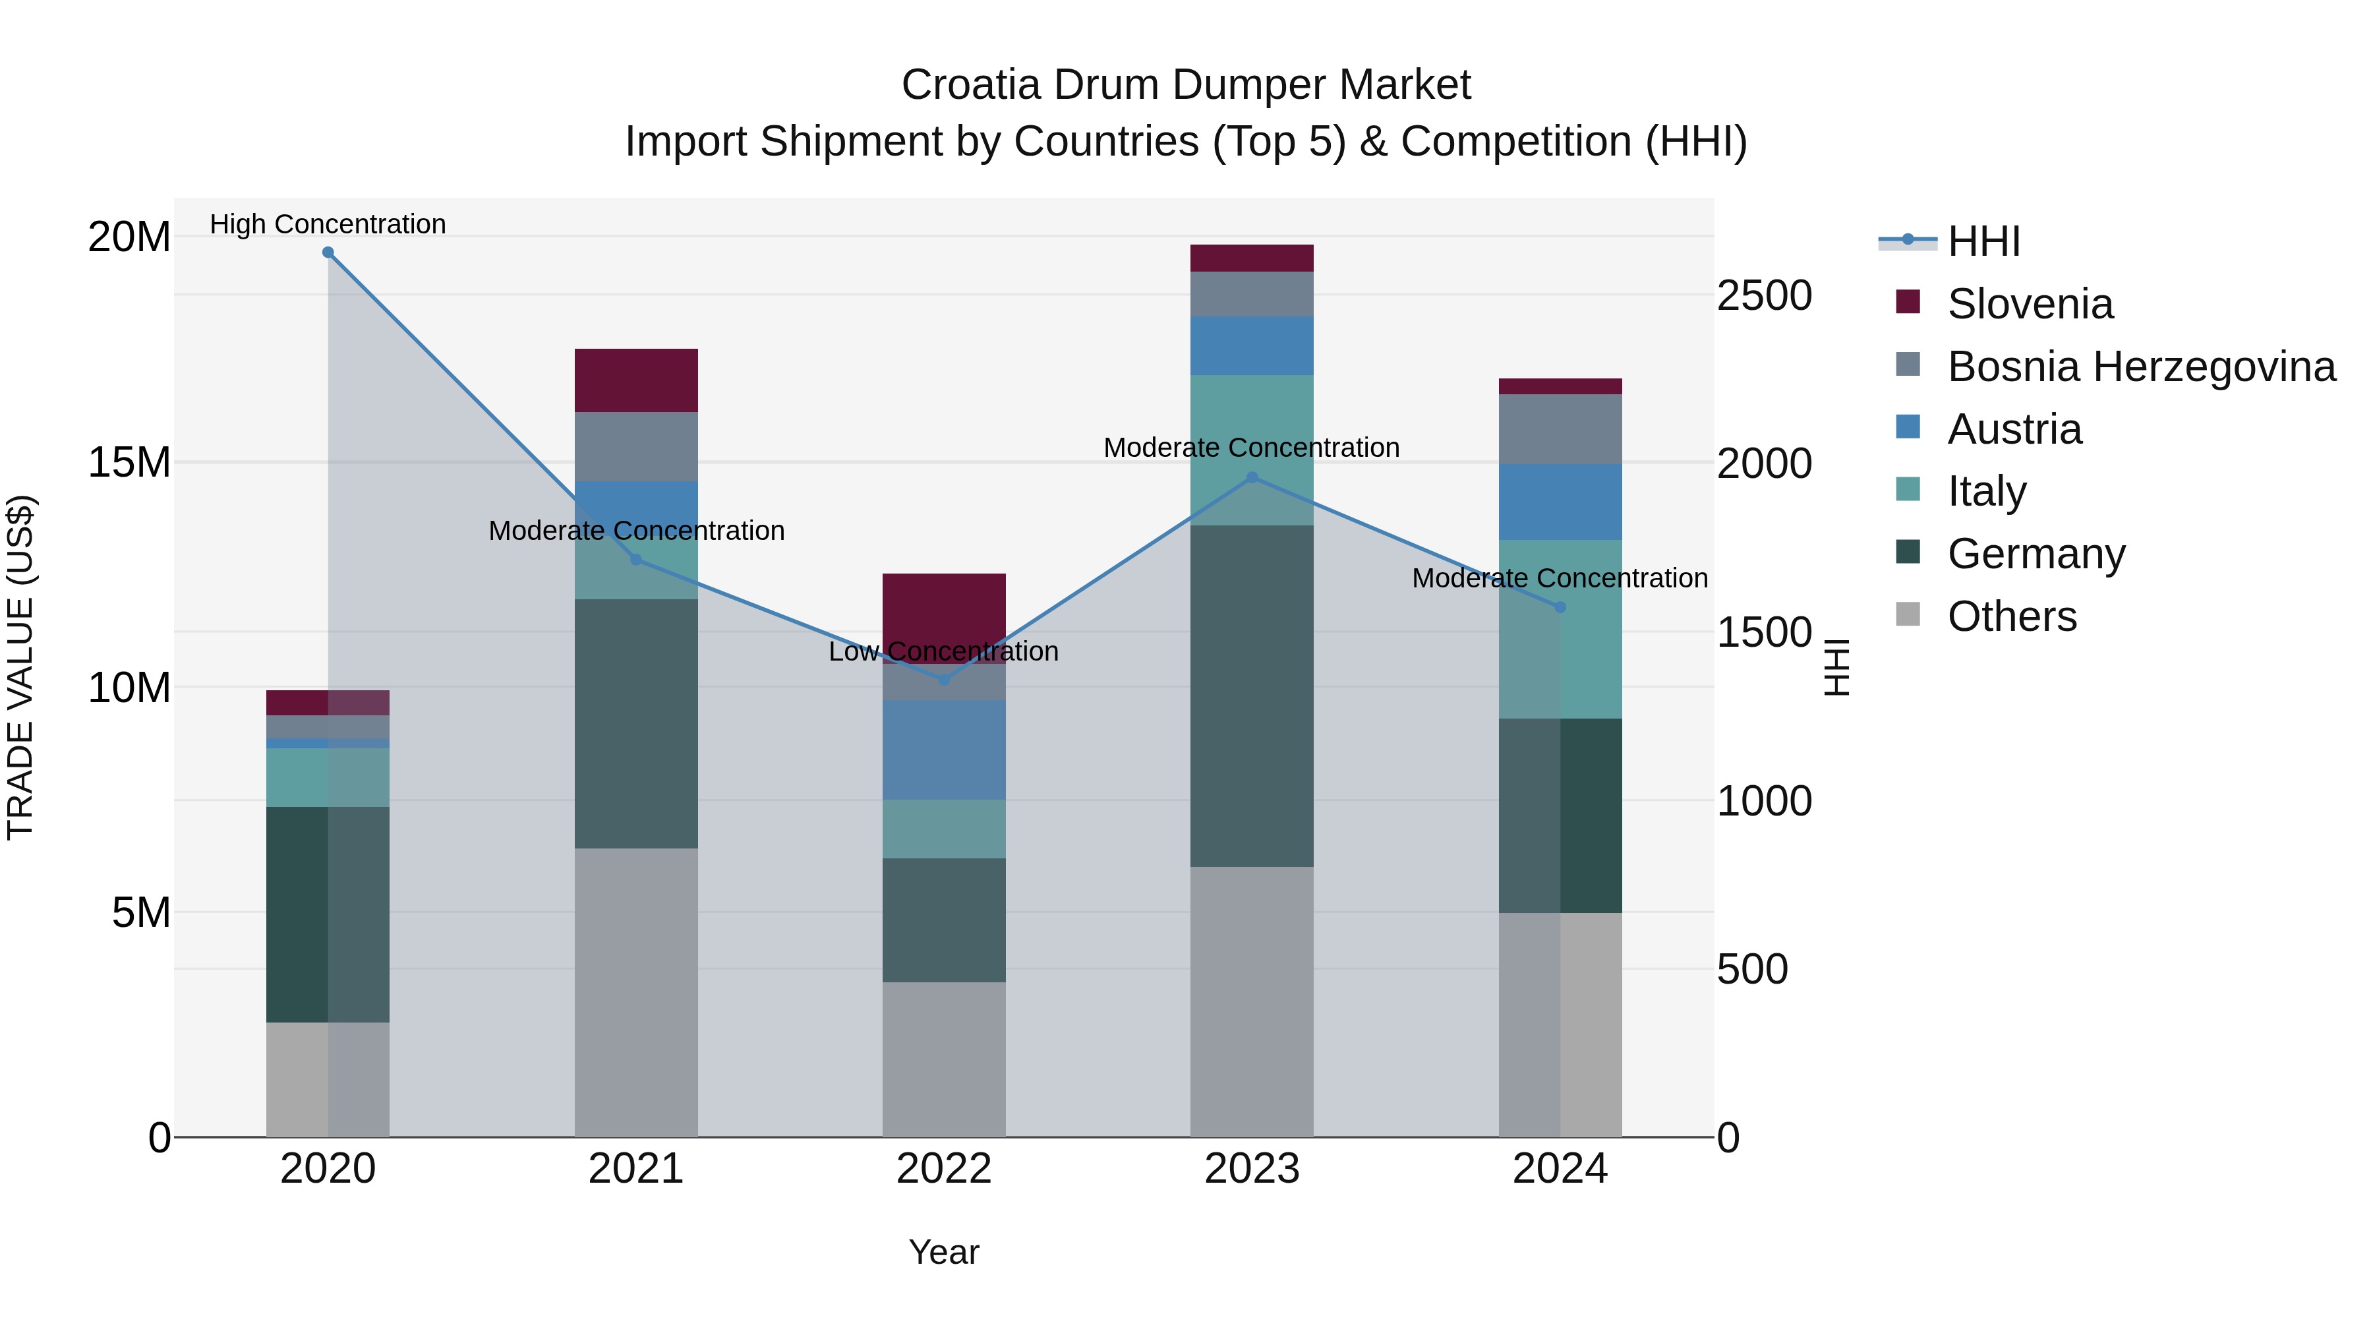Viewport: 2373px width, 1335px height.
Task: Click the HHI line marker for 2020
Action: point(328,252)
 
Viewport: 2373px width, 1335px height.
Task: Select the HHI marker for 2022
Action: point(943,680)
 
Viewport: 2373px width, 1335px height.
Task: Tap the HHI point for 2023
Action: point(1252,477)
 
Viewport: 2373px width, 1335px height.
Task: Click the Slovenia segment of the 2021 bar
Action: point(635,380)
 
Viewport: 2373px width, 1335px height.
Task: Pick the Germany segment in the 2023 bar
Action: point(1252,696)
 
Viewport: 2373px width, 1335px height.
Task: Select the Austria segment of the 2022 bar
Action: point(943,750)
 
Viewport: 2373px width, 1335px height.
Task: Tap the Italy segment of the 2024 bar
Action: point(1560,630)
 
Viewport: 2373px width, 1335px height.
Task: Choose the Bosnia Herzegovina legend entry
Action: point(2140,367)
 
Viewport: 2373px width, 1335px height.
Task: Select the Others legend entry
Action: point(2011,616)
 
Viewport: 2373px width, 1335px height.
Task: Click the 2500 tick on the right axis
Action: point(1764,296)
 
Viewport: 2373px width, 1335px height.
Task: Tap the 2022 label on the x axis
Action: point(943,1169)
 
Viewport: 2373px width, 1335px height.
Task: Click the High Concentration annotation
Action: point(328,224)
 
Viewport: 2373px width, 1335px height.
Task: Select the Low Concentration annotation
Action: point(943,651)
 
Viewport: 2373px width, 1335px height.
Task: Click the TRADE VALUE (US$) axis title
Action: point(20,667)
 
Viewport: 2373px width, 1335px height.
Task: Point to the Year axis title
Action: point(943,1252)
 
